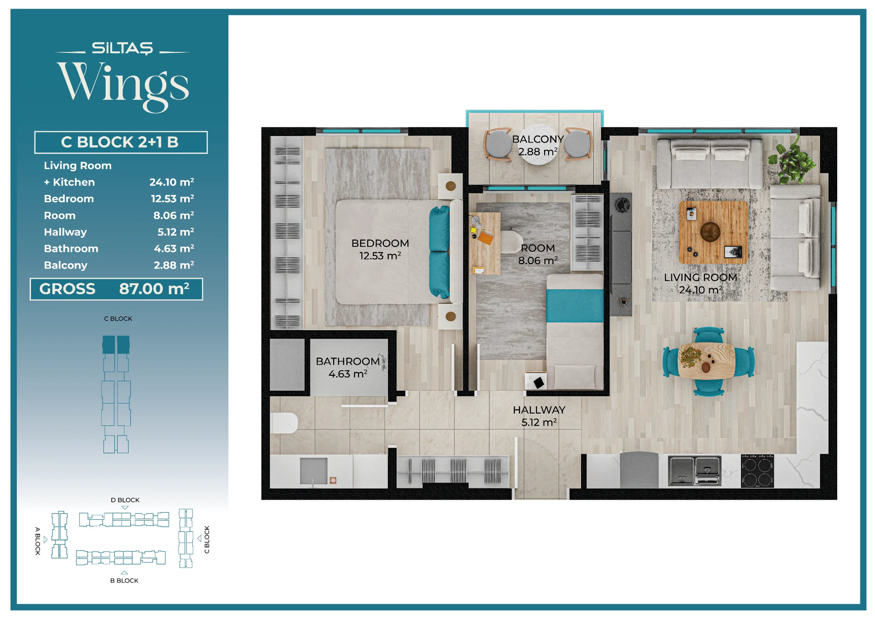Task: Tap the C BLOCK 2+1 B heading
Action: click(x=121, y=142)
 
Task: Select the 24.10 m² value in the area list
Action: click(x=172, y=182)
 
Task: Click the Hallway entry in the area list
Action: click(x=65, y=232)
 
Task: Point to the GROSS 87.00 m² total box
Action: click(x=116, y=289)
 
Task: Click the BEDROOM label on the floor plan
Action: click(x=380, y=243)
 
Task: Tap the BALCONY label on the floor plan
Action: click(x=538, y=139)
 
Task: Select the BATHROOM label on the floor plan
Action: click(x=348, y=361)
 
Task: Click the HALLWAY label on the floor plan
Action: click(x=539, y=410)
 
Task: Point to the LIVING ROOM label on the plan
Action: click(x=700, y=277)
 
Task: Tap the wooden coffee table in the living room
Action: click(x=713, y=232)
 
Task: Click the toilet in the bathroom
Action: click(x=284, y=423)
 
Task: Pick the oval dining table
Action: click(x=707, y=362)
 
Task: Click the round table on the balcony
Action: click(x=538, y=145)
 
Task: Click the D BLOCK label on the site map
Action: click(x=125, y=500)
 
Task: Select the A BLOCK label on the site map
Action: click(x=38, y=541)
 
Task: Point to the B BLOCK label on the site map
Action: click(x=124, y=581)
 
